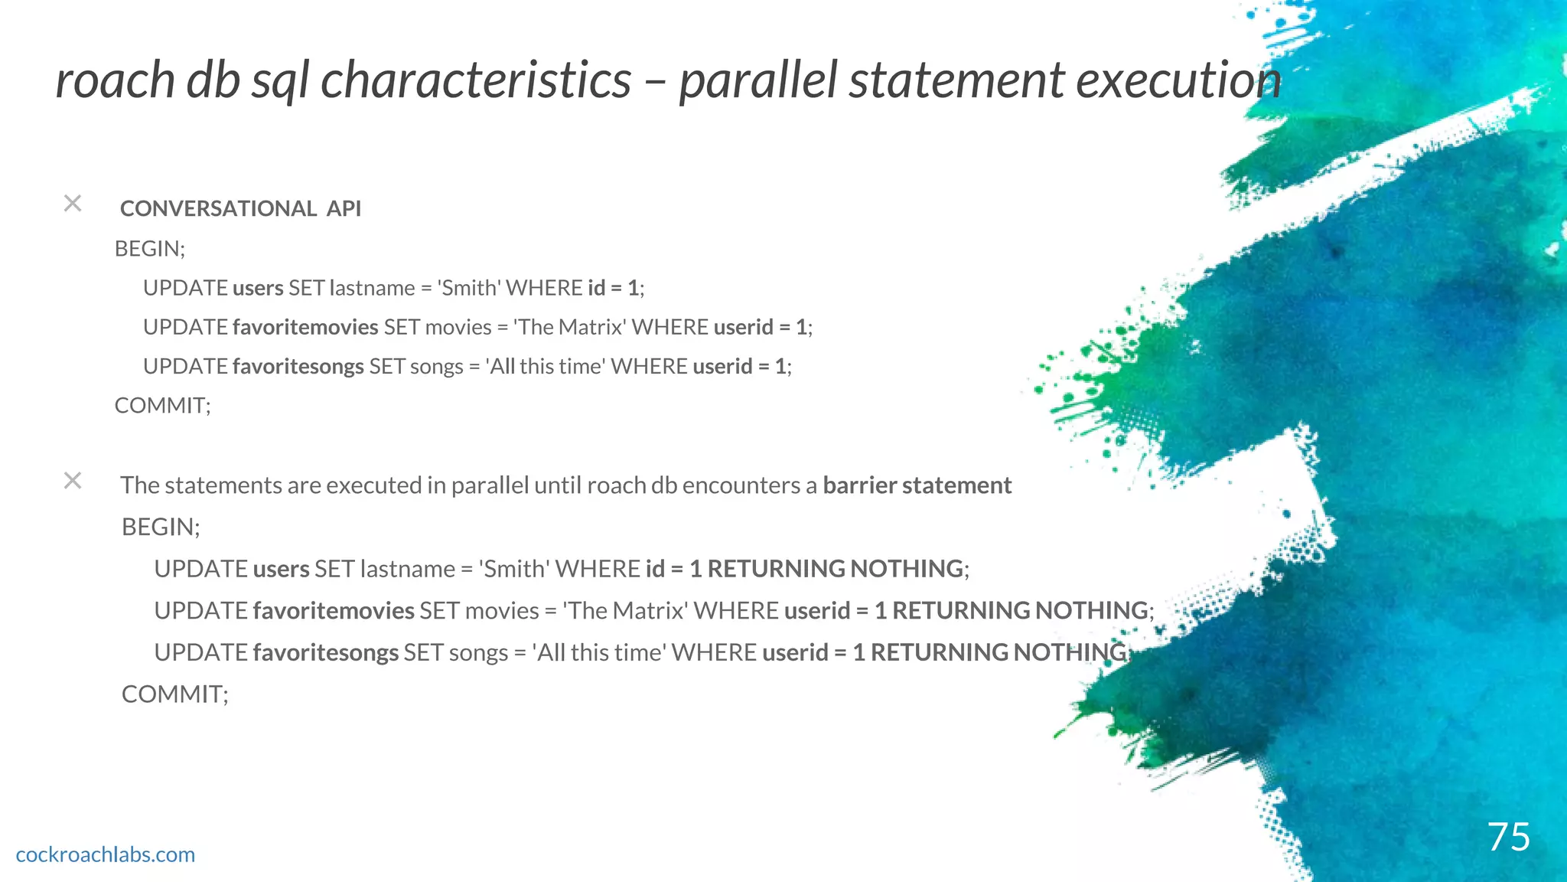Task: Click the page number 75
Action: [1508, 836]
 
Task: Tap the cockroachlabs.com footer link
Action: [106, 854]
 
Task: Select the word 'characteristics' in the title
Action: [475, 80]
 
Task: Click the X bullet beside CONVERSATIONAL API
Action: [73, 204]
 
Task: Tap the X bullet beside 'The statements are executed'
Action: [73, 481]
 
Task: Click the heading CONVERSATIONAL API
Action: [240, 208]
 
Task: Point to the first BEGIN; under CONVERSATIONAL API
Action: [150, 249]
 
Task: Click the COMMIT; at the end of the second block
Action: [175, 694]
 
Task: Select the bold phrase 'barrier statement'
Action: [917, 485]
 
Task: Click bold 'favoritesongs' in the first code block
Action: [298, 367]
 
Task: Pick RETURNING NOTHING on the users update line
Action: [835, 569]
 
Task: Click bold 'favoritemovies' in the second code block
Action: [333, 611]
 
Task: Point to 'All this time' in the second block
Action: [599, 652]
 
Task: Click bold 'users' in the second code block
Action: [281, 569]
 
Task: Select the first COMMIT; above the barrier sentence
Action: [162, 406]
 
